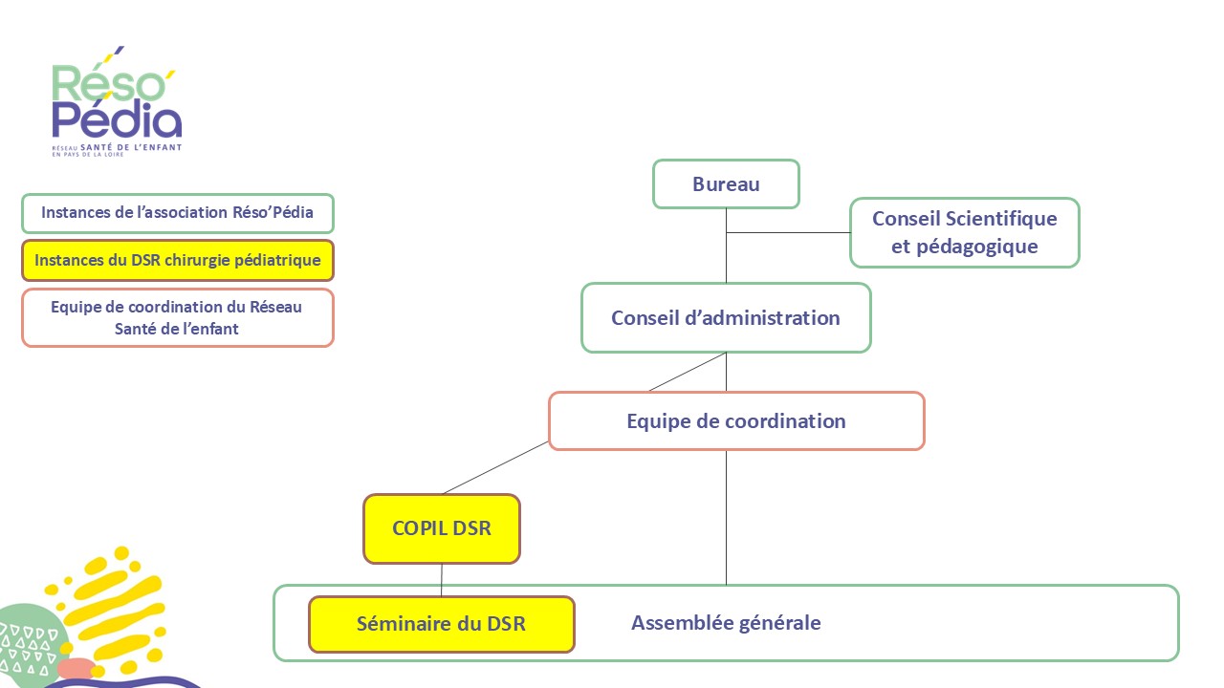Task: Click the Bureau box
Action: tap(726, 184)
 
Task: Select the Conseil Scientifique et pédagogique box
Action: tap(964, 232)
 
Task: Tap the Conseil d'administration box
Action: tap(726, 317)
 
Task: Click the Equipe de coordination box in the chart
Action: tap(735, 420)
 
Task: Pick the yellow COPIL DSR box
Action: tap(441, 527)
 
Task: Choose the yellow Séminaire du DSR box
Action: tap(441, 624)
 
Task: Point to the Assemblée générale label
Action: tap(726, 623)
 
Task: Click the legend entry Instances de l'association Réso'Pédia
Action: tap(177, 212)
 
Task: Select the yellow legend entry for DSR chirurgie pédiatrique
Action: tap(177, 260)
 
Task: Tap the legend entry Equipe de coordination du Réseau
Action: tap(177, 317)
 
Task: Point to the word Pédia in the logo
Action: tap(117, 120)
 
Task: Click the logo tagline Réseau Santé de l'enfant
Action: tap(117, 149)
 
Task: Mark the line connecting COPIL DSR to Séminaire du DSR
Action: tap(441, 580)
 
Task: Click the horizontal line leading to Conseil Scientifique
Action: tap(788, 232)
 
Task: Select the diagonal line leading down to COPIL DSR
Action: tap(495, 468)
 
